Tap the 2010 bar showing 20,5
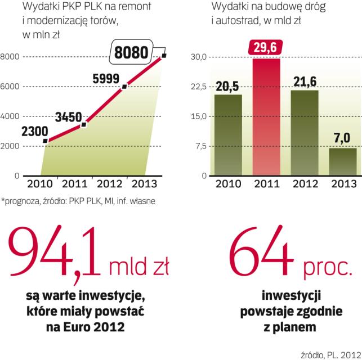pyautogui.click(x=227, y=135)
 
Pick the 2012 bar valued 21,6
pyautogui.click(x=305, y=133)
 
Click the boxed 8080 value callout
pyautogui.click(x=131, y=53)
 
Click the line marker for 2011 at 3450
pyautogui.click(x=83, y=124)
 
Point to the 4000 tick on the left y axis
pyautogui.click(x=11, y=116)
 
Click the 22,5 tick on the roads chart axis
pyautogui.click(x=200, y=87)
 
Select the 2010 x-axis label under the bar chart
pyautogui.click(x=227, y=184)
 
